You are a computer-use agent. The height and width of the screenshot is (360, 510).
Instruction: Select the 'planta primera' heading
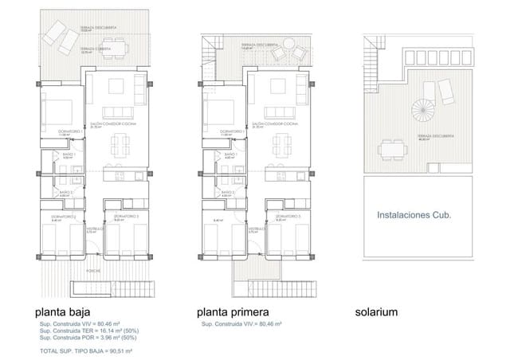pos(235,312)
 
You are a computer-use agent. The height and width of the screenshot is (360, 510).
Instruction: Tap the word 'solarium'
pos(400,312)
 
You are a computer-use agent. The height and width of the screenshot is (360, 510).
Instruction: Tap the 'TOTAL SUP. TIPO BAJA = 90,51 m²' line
pos(84,350)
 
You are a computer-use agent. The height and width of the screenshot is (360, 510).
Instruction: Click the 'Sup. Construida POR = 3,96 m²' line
pos(84,338)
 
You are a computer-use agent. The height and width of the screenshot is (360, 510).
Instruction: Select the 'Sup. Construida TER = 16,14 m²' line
pos(86,331)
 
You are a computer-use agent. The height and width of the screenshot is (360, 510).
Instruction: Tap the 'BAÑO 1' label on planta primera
pos(232,155)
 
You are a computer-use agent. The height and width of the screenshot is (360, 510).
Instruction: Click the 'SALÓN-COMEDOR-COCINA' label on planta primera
pos(275,124)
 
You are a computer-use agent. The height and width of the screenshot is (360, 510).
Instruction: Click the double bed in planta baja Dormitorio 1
pos(58,108)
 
